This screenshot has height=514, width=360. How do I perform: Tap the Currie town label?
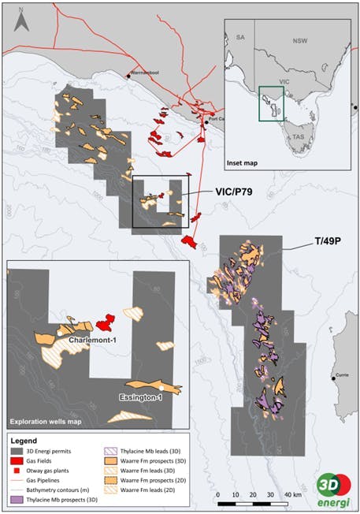(x=344, y=373)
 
